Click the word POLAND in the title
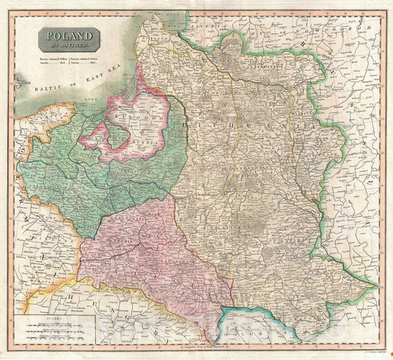pyautogui.click(x=66, y=35)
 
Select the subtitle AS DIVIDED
pyautogui.click(x=66, y=44)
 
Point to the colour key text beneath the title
pyautogui.click(x=66, y=57)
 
